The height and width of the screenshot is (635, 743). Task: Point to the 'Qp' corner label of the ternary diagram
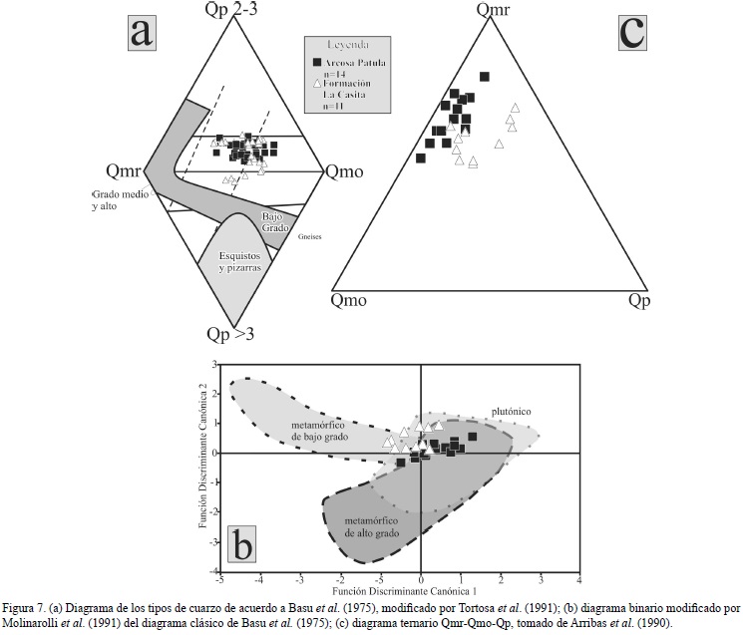[x=641, y=299]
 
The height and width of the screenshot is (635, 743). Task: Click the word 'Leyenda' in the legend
[x=345, y=45]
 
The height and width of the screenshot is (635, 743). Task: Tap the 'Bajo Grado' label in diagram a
[x=274, y=222]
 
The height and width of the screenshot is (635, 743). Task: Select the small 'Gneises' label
[x=310, y=237]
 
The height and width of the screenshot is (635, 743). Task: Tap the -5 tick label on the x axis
[x=219, y=579]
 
